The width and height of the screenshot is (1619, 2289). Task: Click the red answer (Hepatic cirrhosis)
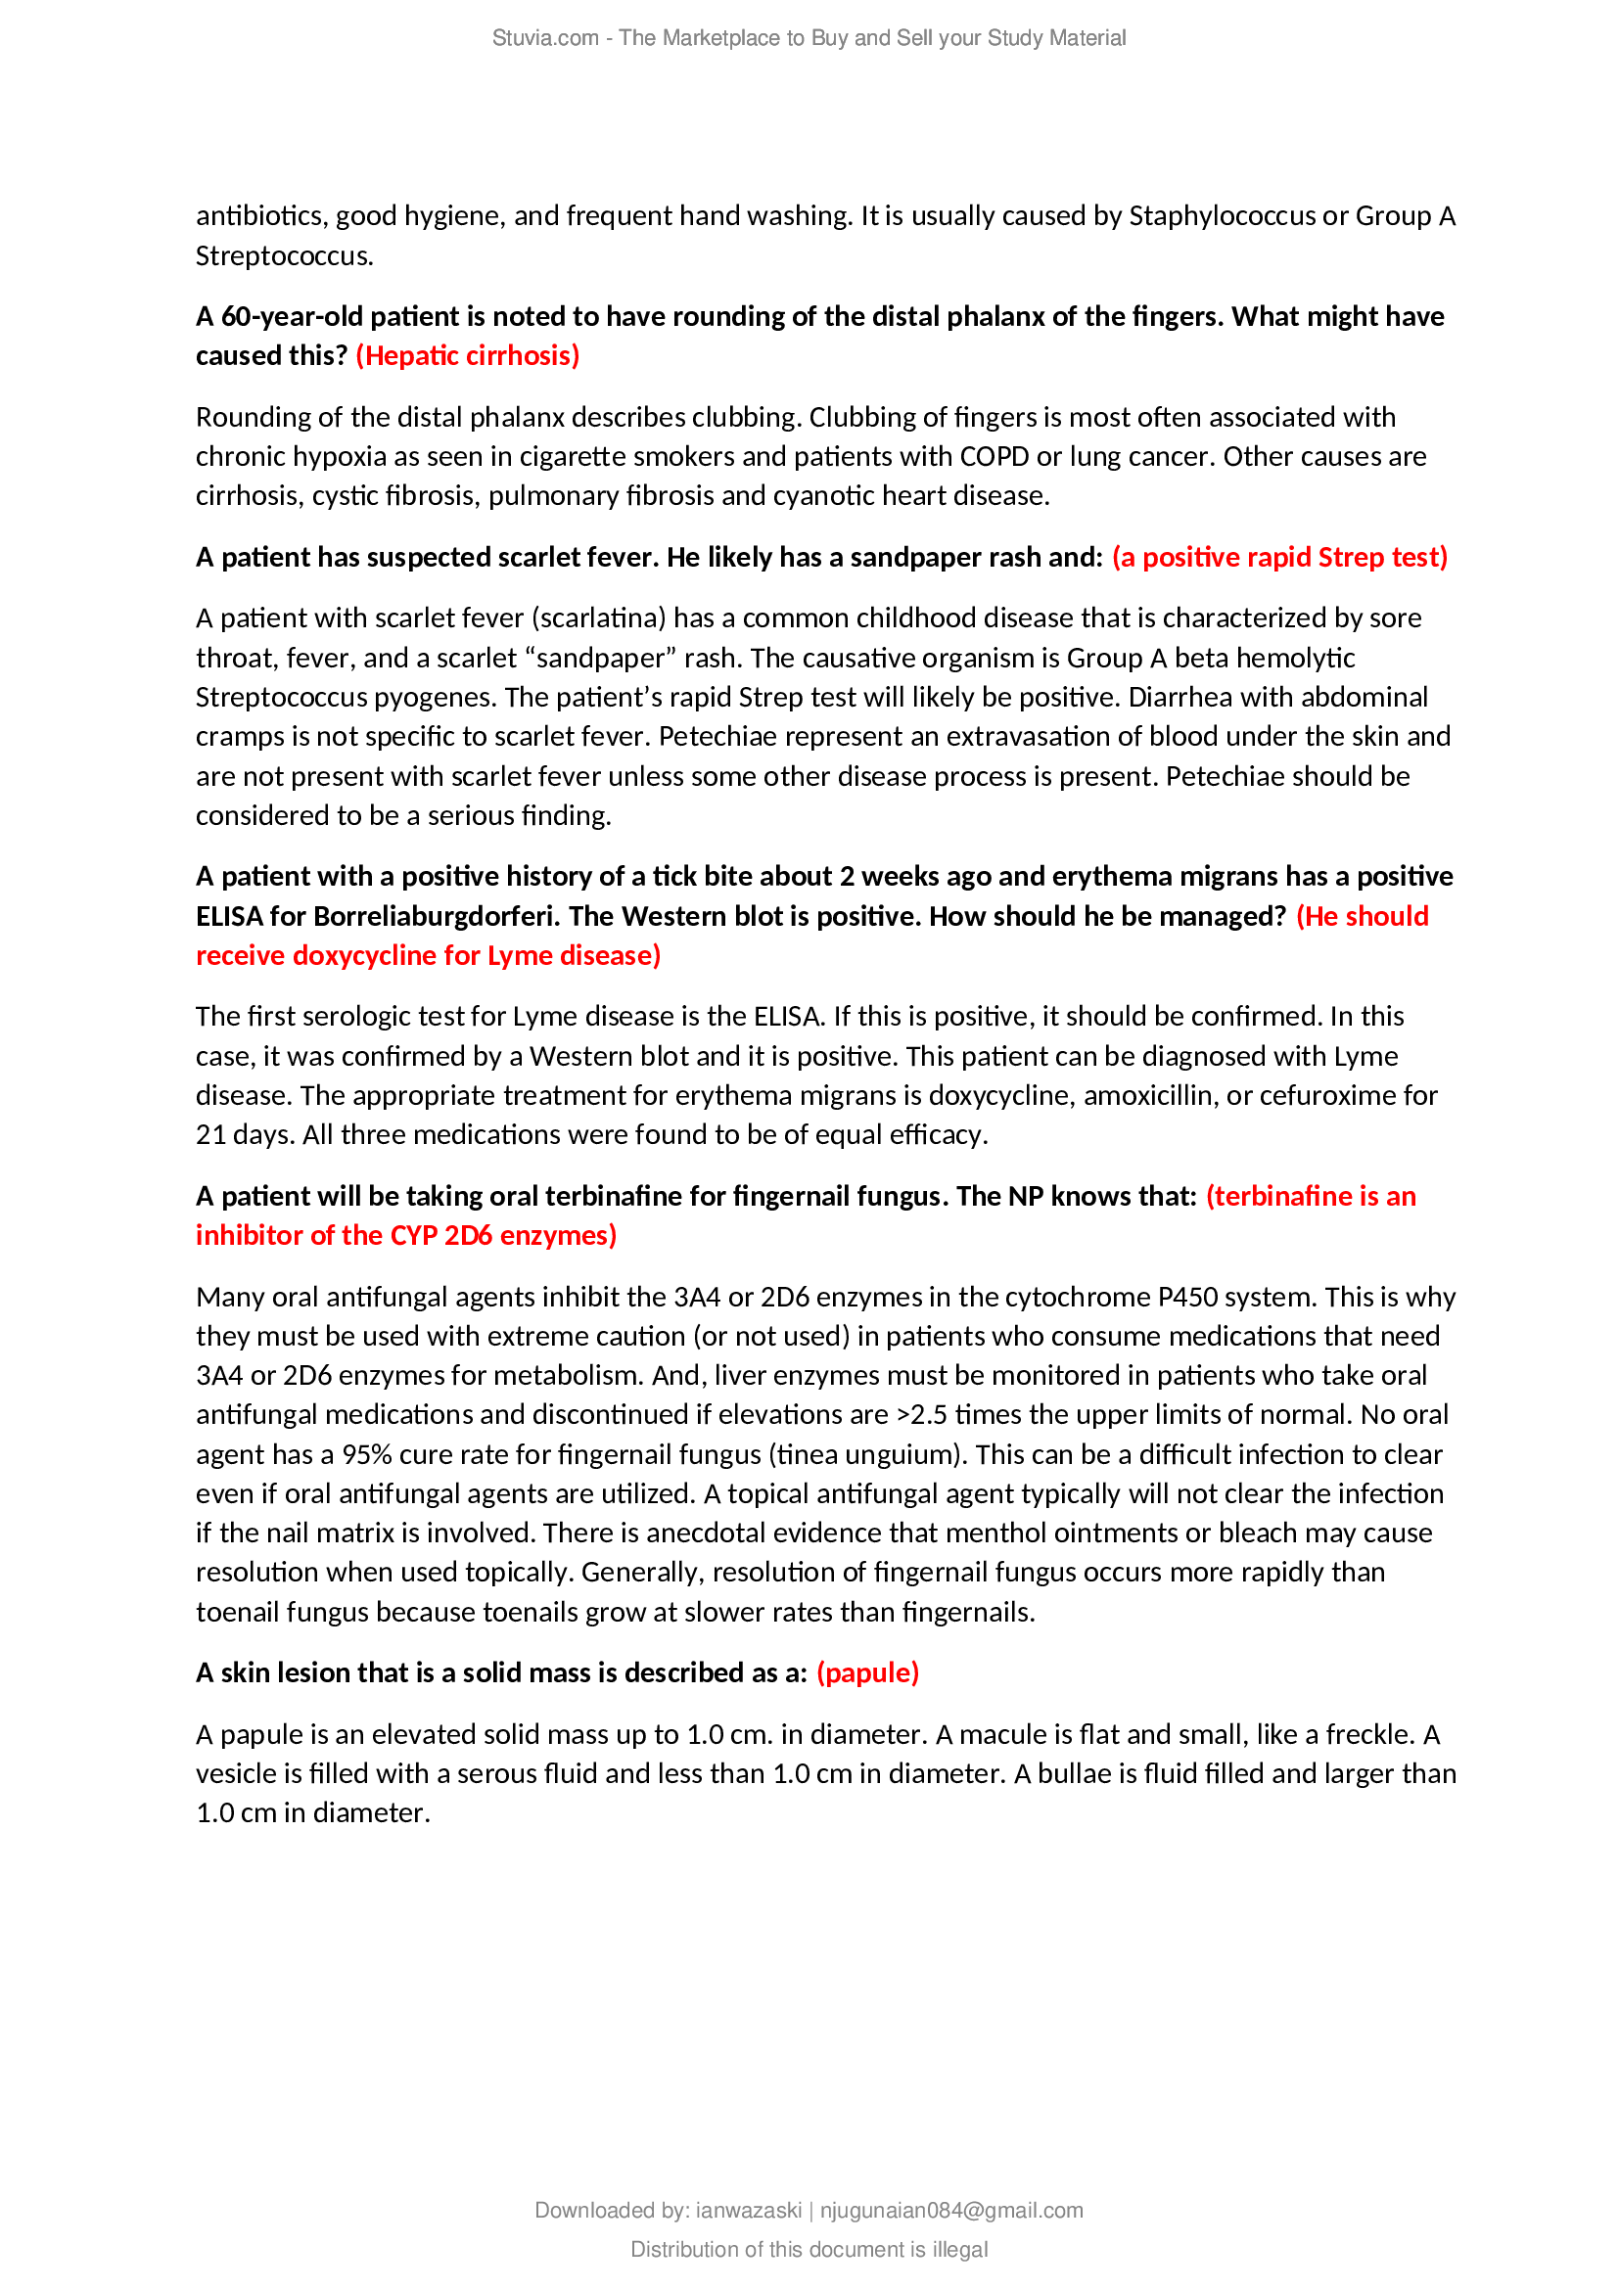[467, 356]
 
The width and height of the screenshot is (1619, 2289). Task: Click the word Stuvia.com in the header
[544, 38]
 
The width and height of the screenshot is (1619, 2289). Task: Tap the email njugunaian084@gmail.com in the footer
[951, 2211]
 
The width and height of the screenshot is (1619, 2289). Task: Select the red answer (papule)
[867, 1672]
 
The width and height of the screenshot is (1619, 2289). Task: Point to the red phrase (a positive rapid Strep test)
[1279, 557]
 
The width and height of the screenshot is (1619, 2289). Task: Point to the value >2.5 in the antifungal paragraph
[921, 1415]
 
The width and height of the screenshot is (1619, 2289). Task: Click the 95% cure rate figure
[367, 1454]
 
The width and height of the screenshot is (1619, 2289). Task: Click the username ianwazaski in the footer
[748, 2211]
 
